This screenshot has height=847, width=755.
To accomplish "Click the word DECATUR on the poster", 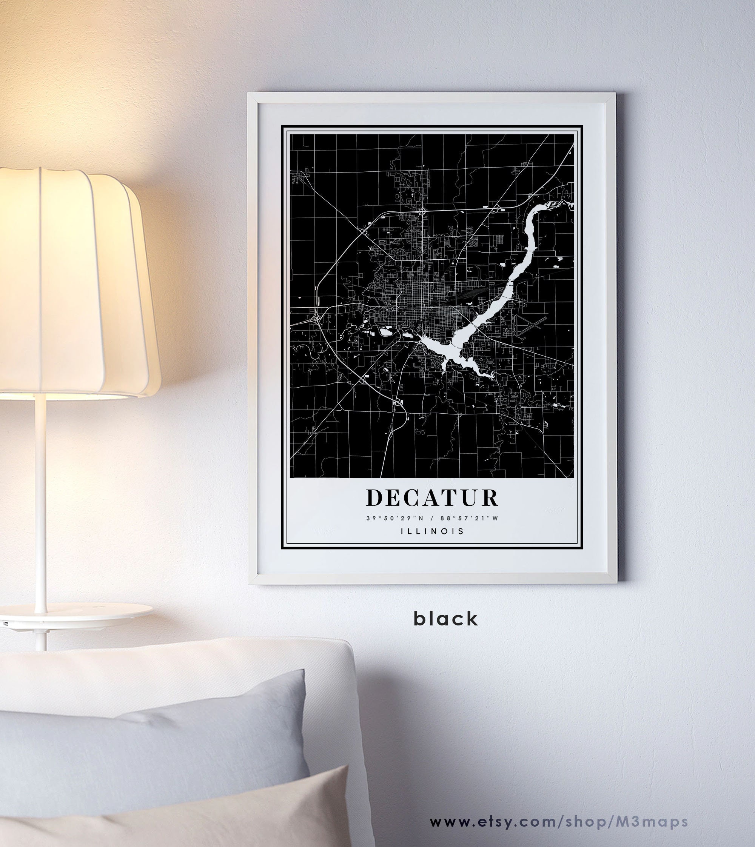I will tap(432, 498).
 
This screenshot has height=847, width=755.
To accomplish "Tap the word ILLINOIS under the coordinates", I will tap(432, 531).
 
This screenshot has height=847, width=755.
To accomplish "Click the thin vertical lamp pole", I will tap(40, 498).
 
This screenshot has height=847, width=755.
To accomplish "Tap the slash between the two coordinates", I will tap(433, 518).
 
